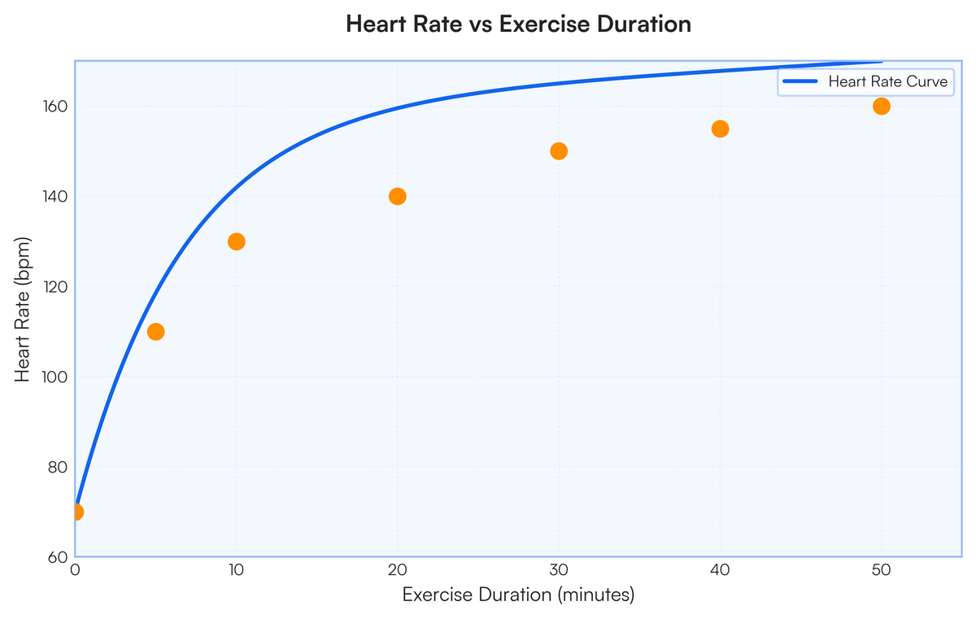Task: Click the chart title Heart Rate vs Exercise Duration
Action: click(518, 24)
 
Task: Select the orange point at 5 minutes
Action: click(156, 332)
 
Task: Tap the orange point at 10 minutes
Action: click(237, 242)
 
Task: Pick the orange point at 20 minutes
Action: click(398, 196)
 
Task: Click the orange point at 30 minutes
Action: click(559, 151)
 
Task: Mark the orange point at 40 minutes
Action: click(720, 129)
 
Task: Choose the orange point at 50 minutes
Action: click(881, 107)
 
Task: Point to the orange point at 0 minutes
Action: click(76, 512)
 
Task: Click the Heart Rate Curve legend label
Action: click(887, 81)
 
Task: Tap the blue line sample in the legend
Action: click(800, 81)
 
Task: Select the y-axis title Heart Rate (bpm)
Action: click(24, 309)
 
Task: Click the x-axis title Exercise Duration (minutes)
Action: click(518, 595)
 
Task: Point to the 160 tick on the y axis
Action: click(54, 107)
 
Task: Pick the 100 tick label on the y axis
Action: click(54, 377)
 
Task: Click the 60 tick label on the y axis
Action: click(58, 557)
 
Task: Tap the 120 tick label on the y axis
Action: click(54, 286)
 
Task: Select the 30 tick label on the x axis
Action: click(559, 573)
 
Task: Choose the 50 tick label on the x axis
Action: click(881, 573)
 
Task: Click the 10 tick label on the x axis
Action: click(237, 573)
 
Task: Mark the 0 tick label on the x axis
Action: click(76, 573)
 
